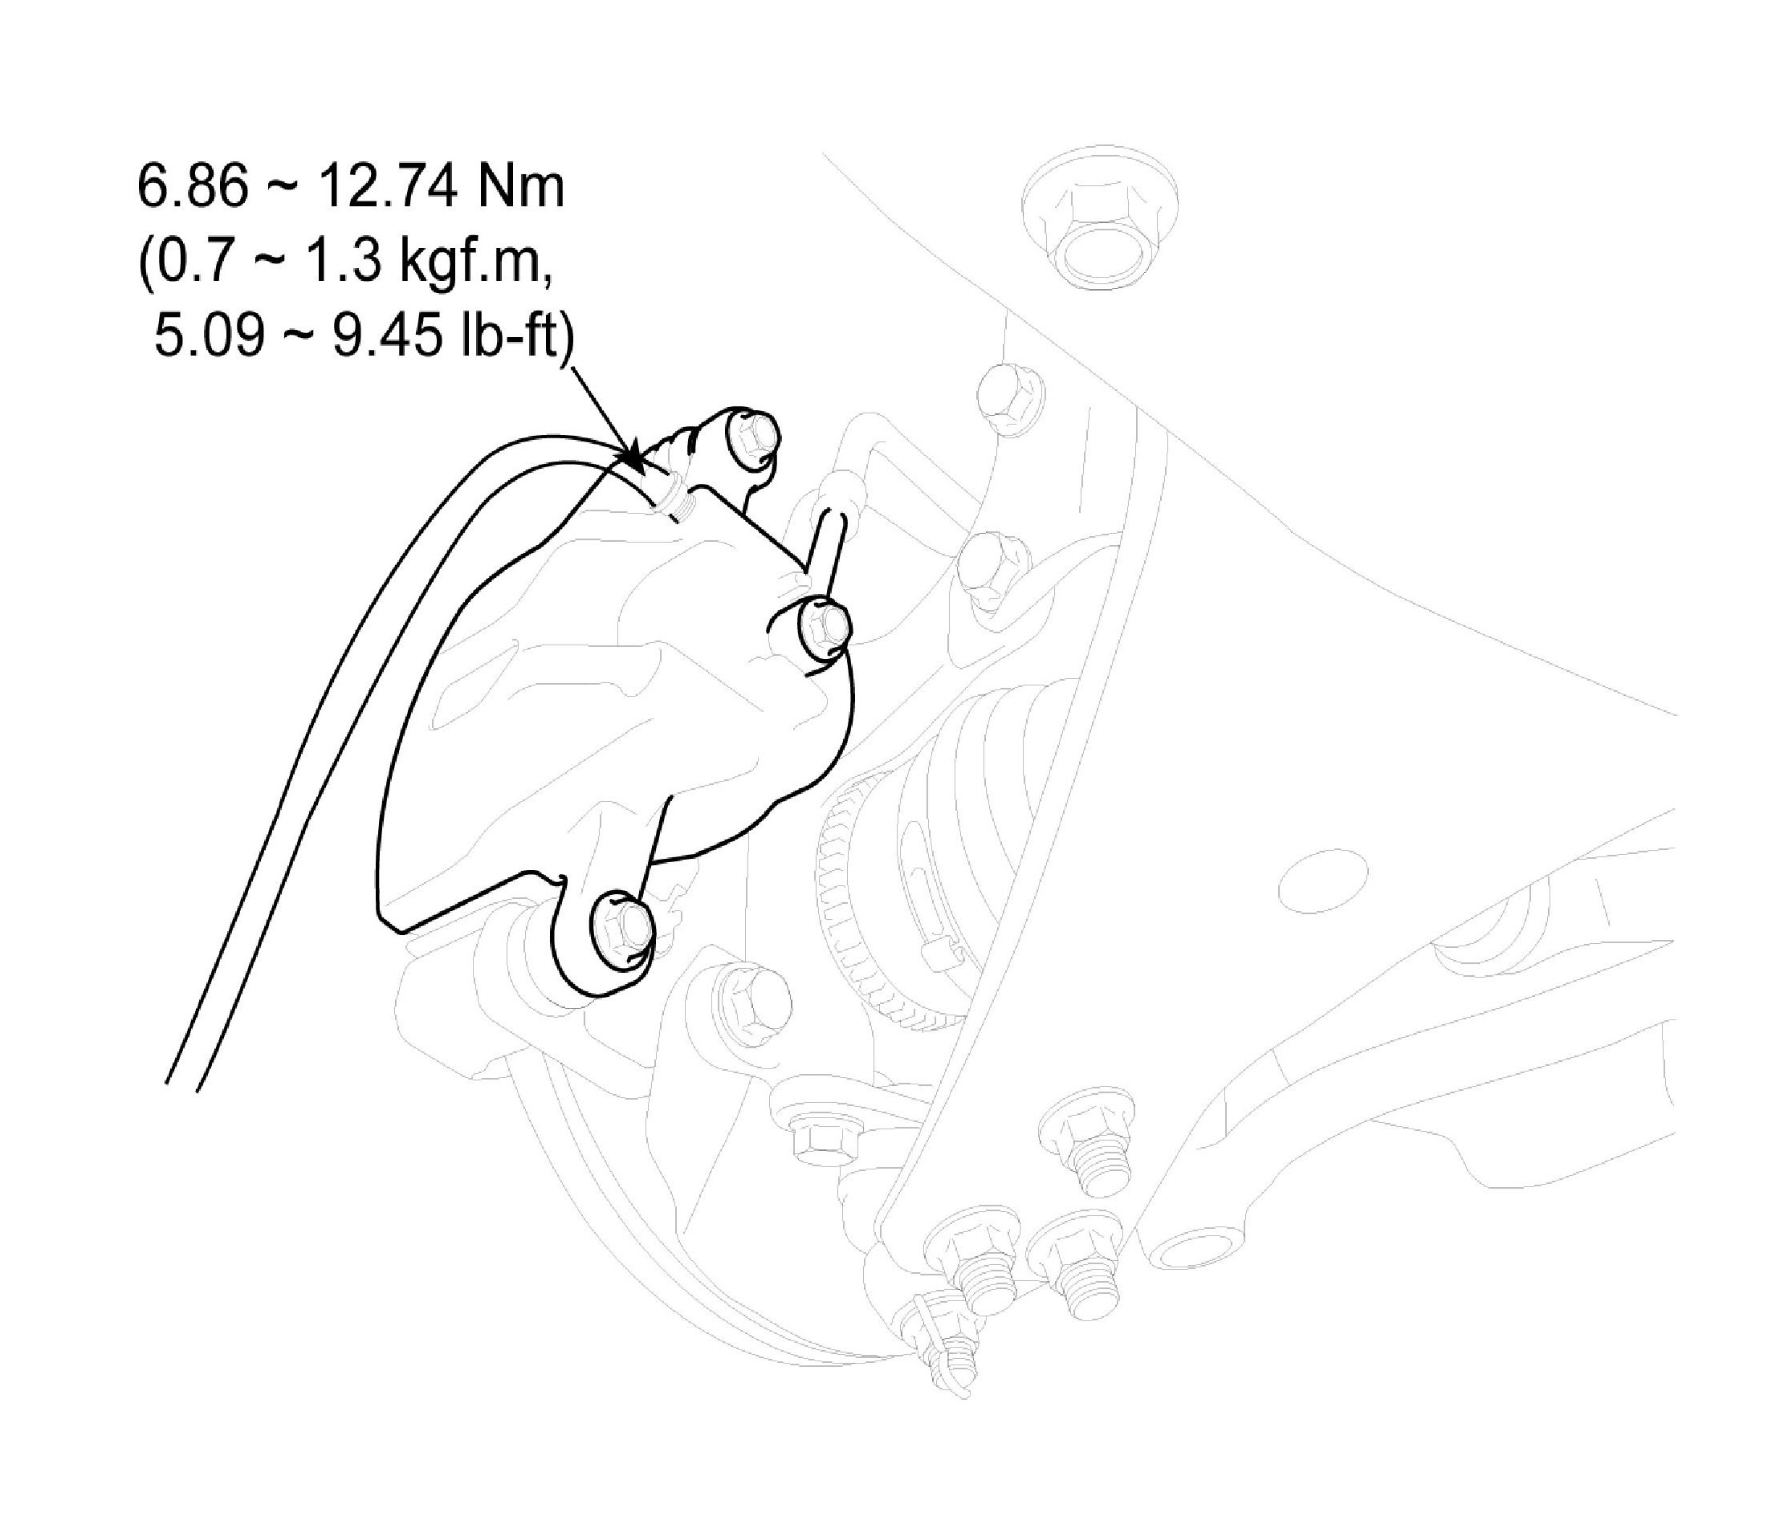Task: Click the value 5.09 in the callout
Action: click(x=210, y=335)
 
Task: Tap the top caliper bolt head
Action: click(x=752, y=437)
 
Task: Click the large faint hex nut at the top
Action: click(x=1101, y=225)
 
